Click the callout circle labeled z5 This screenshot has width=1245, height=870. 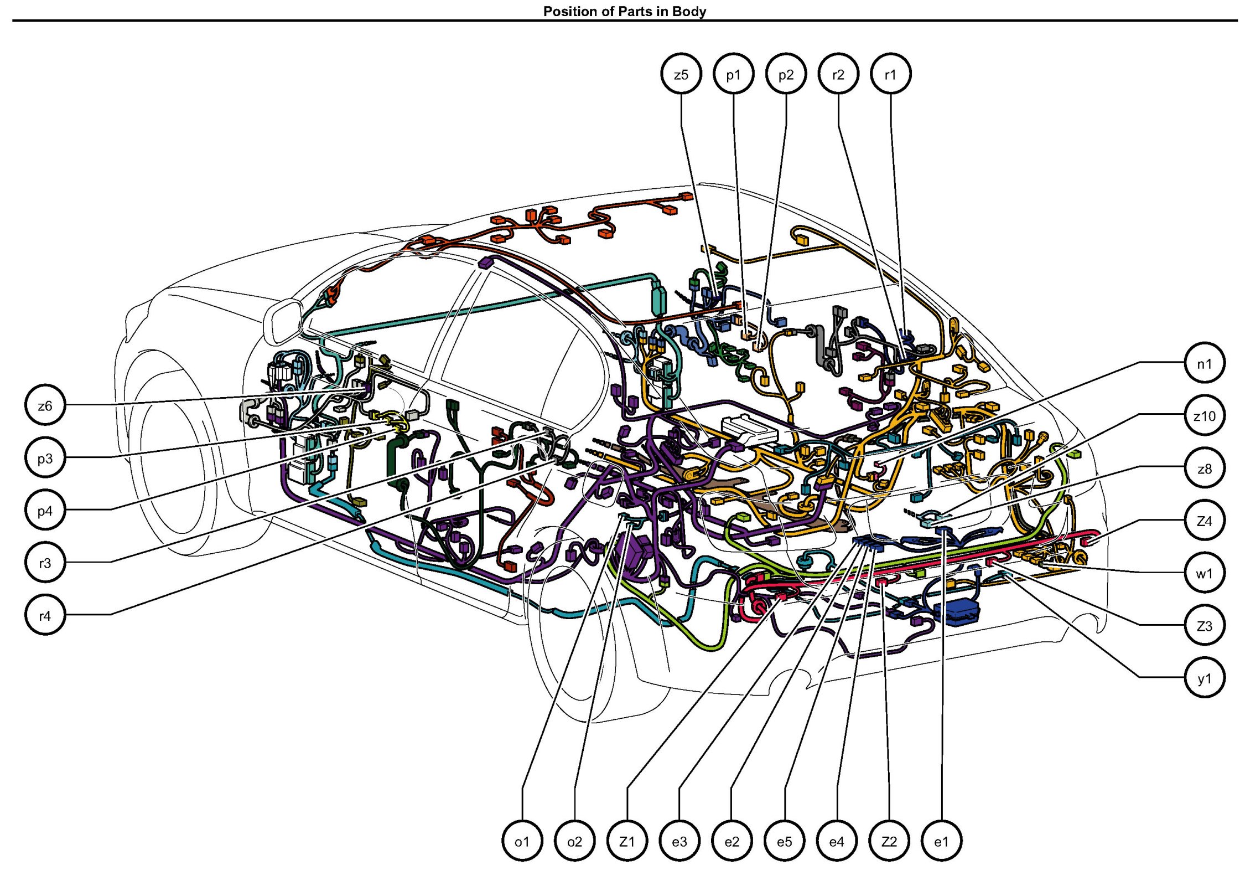point(681,74)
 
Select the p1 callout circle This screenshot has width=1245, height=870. point(733,74)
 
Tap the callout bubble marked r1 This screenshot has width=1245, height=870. point(890,74)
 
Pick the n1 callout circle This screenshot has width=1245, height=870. point(1204,363)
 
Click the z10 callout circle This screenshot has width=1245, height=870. point(1204,416)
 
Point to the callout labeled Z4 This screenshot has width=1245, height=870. point(1204,521)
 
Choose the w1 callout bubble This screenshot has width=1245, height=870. point(1204,573)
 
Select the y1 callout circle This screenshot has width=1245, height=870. point(1204,678)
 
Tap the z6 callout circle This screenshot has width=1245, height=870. point(45,405)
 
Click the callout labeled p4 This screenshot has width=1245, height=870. point(45,510)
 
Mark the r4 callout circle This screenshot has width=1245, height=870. point(45,615)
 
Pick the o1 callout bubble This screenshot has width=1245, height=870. point(522,842)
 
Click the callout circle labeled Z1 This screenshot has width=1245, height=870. point(627,842)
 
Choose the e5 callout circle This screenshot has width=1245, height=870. point(784,842)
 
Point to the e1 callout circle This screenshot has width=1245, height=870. point(941,842)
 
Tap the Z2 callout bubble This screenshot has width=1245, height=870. point(889,842)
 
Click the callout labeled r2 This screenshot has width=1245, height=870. point(838,74)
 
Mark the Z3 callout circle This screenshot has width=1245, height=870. point(1204,626)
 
